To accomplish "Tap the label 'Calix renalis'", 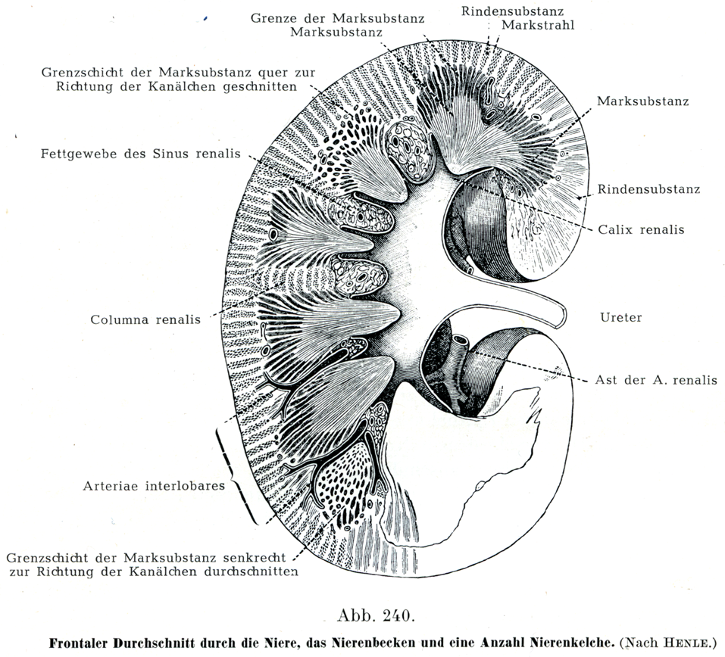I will tap(641, 229).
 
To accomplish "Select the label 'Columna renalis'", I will tap(145, 319).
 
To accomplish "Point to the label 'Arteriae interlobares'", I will tap(154, 486).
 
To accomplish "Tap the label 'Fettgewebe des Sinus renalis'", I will tap(141, 154).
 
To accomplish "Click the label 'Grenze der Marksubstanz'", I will tap(337, 17).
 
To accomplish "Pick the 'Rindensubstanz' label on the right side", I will tap(648, 189).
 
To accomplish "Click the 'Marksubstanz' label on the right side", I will tap(642, 101).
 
